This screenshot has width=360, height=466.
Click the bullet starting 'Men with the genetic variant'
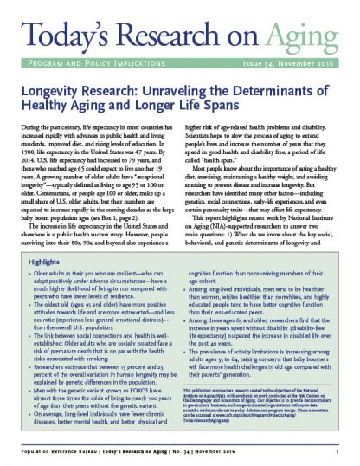tap(109, 412)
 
